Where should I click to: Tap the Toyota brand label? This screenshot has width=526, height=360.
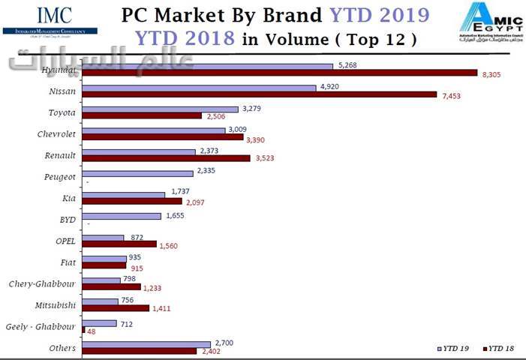click(x=62, y=112)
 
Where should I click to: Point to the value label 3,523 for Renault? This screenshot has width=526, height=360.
click(x=266, y=158)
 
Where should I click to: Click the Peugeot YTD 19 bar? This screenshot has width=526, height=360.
click(x=137, y=172)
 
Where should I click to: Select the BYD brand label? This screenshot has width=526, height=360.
click(x=67, y=220)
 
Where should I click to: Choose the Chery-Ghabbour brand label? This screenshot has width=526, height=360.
click(x=42, y=284)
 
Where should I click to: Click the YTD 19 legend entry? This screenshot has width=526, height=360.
click(x=455, y=349)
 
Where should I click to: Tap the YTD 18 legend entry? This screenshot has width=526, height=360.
click(x=501, y=349)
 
